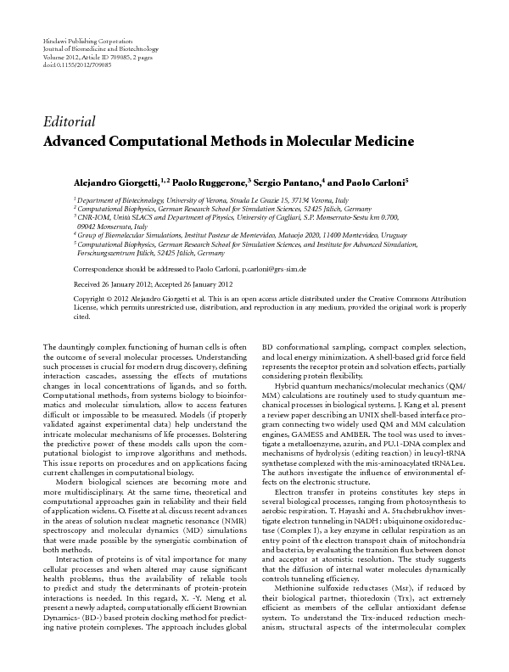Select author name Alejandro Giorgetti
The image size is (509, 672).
point(110,182)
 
